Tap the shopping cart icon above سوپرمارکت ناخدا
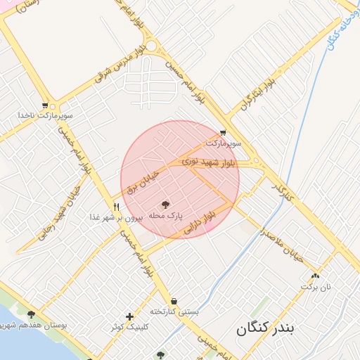click(46, 105)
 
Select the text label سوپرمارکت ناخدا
click(46, 115)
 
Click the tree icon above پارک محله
click(166, 205)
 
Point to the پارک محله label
click(166, 214)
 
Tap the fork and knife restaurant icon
click(117, 207)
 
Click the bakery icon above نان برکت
click(315, 276)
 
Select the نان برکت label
click(315, 287)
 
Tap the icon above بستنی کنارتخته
click(174, 301)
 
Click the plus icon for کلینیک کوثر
click(129, 316)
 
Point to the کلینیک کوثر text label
click(129, 328)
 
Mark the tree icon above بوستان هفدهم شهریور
click(31, 314)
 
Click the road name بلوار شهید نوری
click(212, 162)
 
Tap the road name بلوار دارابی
click(199, 221)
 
